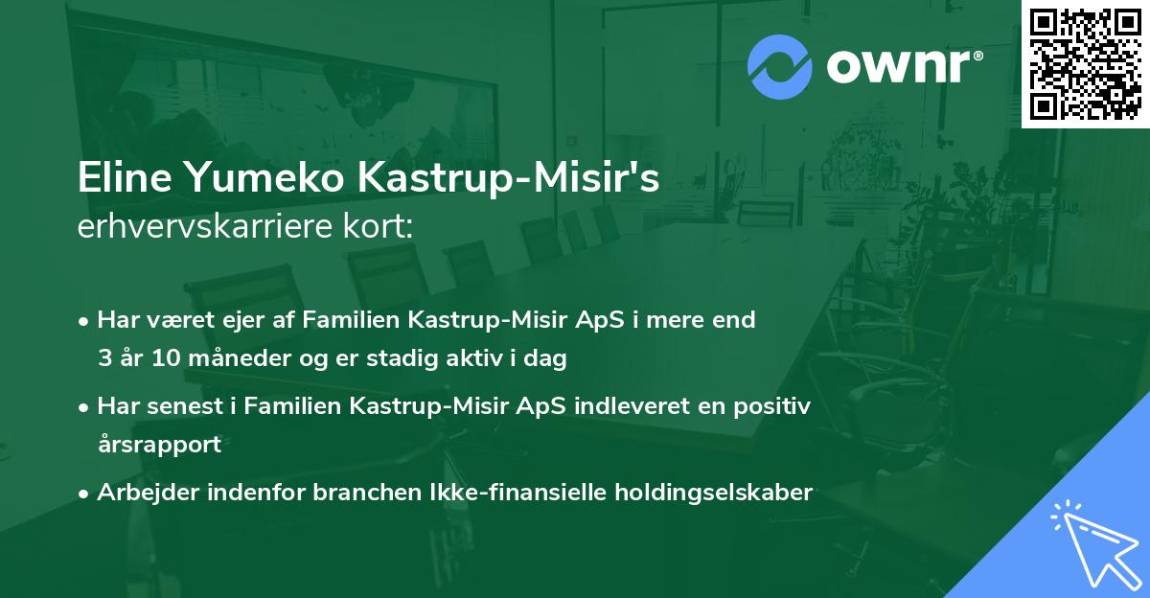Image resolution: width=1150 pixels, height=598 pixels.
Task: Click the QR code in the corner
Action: (x=1085, y=64)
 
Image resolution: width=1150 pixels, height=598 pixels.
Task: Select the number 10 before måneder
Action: (x=161, y=359)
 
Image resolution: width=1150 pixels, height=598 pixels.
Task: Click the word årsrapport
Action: (x=159, y=445)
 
